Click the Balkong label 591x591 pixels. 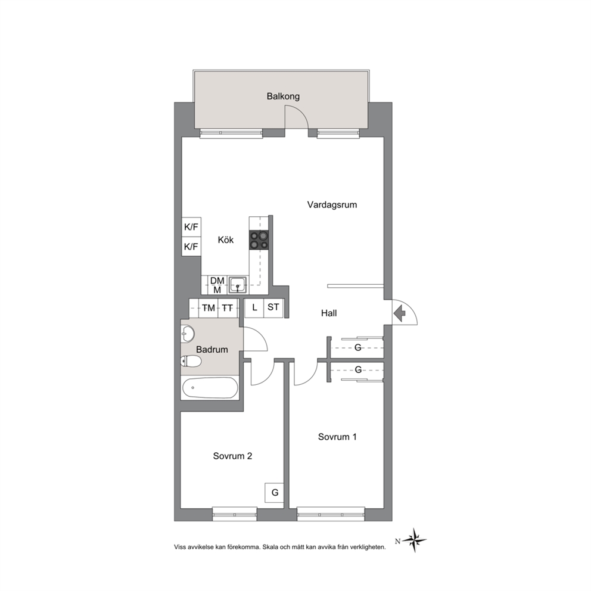pyautogui.click(x=283, y=97)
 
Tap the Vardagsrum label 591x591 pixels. pyautogui.click(x=332, y=205)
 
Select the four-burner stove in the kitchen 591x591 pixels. pyautogui.click(x=259, y=240)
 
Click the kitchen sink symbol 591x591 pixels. pyautogui.click(x=238, y=285)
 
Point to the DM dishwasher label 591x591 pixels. pyautogui.click(x=217, y=281)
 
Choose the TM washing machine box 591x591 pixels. pyautogui.click(x=209, y=308)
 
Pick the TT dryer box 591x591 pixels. pyautogui.click(x=227, y=308)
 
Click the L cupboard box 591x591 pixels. pyautogui.click(x=254, y=307)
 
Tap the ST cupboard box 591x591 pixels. pyautogui.click(x=273, y=307)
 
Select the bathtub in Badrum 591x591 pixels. pyautogui.click(x=210, y=388)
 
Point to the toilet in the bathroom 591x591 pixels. pyautogui.click(x=191, y=362)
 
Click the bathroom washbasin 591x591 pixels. pyautogui.click(x=188, y=334)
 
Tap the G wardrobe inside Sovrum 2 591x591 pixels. pyautogui.click(x=275, y=493)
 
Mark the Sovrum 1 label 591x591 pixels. pyautogui.click(x=337, y=437)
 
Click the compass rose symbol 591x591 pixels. pyautogui.click(x=414, y=540)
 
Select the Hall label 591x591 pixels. pyautogui.click(x=329, y=313)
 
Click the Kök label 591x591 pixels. pyautogui.click(x=226, y=239)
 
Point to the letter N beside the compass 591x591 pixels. pyautogui.click(x=397, y=542)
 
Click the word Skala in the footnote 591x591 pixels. pyautogui.click(x=270, y=547)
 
